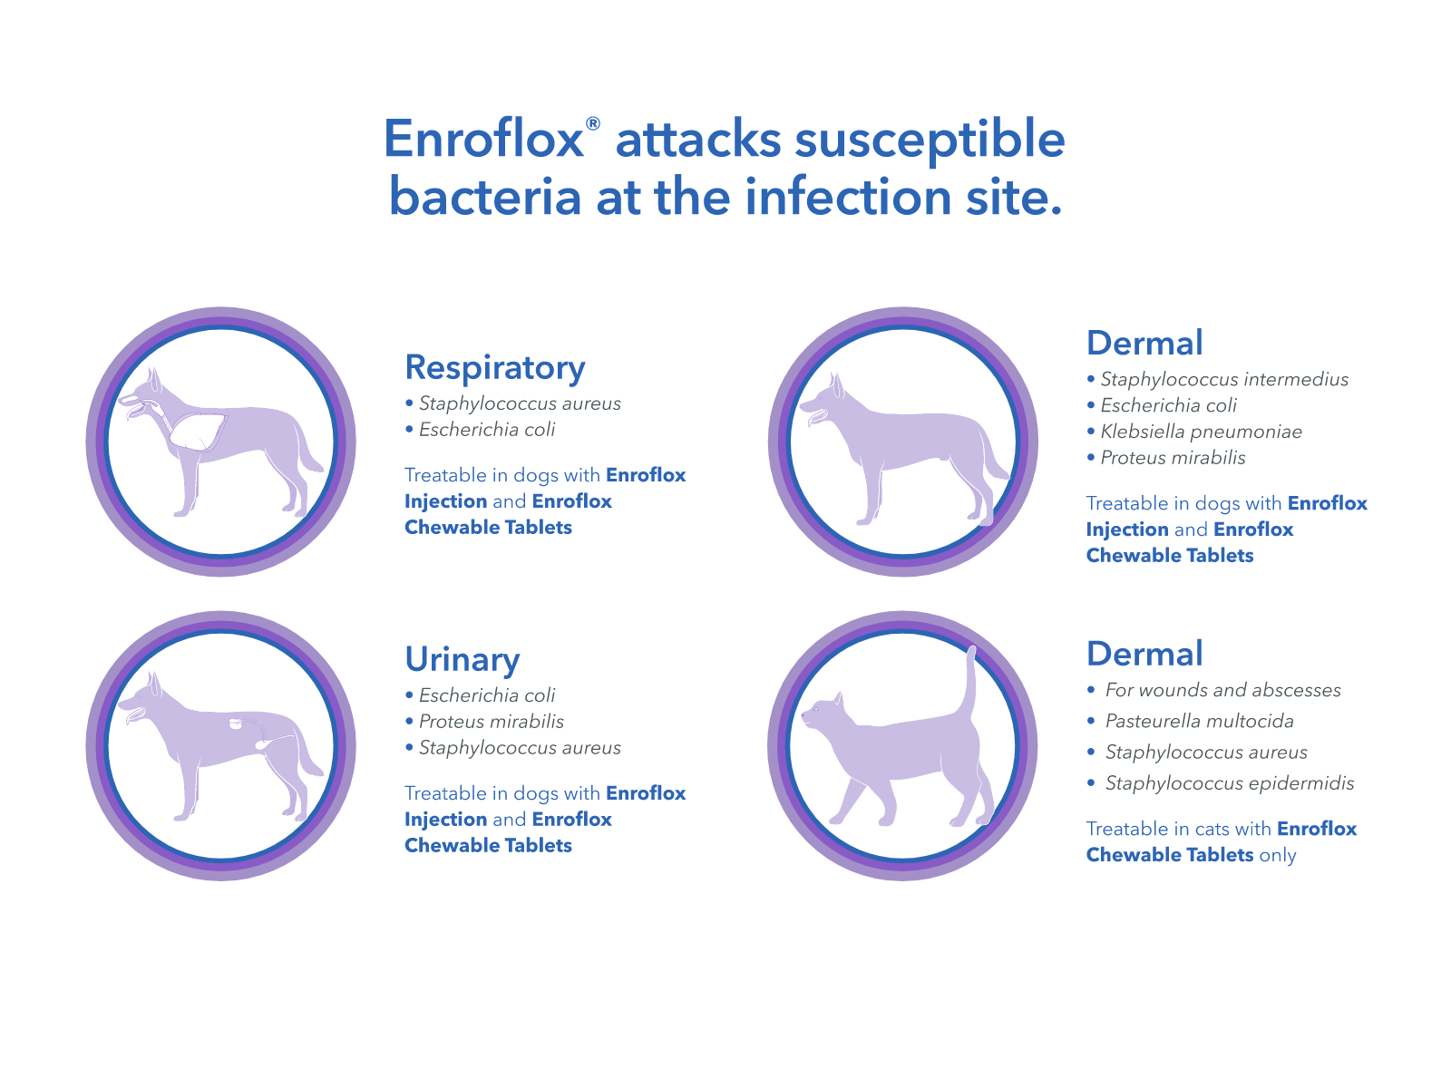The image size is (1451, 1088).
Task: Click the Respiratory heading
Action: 495,367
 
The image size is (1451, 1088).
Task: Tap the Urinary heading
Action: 463,659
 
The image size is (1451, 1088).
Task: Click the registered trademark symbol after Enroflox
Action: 592,123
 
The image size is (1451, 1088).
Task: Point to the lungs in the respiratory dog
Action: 198,431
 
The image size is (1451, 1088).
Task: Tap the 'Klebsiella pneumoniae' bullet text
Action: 1201,432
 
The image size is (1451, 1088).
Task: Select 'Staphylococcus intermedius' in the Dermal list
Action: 1223,379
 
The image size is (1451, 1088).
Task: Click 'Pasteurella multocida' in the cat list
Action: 1199,721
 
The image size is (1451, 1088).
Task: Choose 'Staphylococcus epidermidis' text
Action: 1229,782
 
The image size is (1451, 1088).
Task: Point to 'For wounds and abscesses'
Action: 1222,690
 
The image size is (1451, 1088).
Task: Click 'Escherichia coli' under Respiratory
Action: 487,430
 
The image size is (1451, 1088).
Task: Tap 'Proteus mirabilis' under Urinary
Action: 491,722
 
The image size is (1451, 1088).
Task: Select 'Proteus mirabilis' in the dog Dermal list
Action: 1173,458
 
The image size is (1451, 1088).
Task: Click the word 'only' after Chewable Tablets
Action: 1278,855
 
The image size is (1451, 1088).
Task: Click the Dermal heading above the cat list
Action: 1144,654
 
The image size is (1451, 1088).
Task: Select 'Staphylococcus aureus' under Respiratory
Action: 520,403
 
